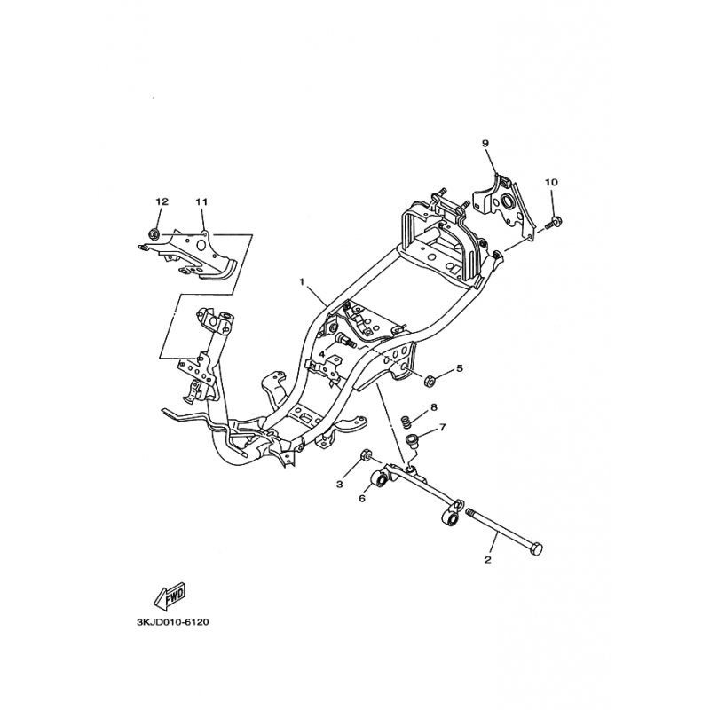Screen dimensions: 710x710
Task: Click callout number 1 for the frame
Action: click(x=302, y=282)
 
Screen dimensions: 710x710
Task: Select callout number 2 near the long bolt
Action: click(x=487, y=560)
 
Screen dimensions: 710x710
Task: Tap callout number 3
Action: click(x=340, y=485)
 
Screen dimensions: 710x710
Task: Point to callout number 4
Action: click(x=321, y=353)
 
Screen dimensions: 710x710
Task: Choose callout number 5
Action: click(x=460, y=368)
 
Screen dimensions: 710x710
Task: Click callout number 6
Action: click(x=362, y=498)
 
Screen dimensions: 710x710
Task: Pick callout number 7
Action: click(x=442, y=427)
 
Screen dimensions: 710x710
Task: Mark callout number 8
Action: click(x=434, y=407)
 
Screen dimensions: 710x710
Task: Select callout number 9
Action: click(x=485, y=143)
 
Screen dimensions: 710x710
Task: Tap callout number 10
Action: click(x=551, y=182)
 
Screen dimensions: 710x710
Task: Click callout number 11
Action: click(x=201, y=201)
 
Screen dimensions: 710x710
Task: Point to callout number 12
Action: click(x=162, y=201)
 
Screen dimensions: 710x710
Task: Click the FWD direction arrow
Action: click(x=170, y=596)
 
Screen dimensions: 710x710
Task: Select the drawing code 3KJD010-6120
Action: click(x=172, y=622)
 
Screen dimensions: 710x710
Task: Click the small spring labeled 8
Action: click(x=408, y=422)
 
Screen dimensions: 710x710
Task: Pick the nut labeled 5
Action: click(x=429, y=381)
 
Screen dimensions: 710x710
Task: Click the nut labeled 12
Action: click(x=153, y=234)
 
